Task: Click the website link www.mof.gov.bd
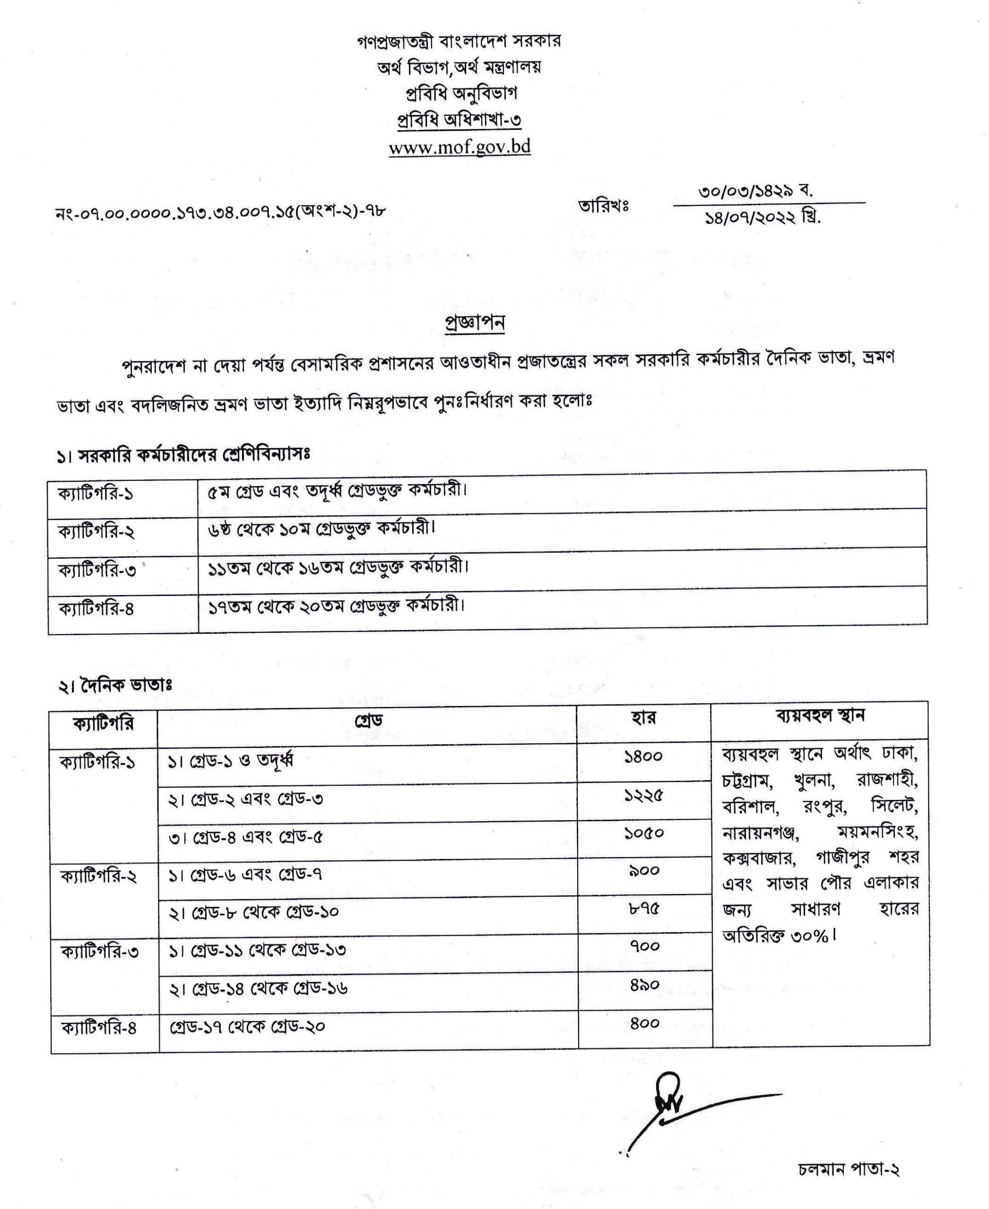460,147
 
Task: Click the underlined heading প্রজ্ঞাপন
474,322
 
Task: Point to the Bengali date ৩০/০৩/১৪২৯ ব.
755,191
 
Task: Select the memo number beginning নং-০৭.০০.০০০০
221,212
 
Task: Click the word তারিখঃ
603,205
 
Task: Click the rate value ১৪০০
643,757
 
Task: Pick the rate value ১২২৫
644,795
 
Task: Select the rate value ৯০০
644,870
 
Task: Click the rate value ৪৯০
645,985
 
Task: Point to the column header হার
643,718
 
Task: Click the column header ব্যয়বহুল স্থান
820,715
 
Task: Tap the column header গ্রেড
368,720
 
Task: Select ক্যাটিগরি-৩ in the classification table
97,570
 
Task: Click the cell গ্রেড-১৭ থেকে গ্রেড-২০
248,1026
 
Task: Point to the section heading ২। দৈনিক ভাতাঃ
114,685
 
